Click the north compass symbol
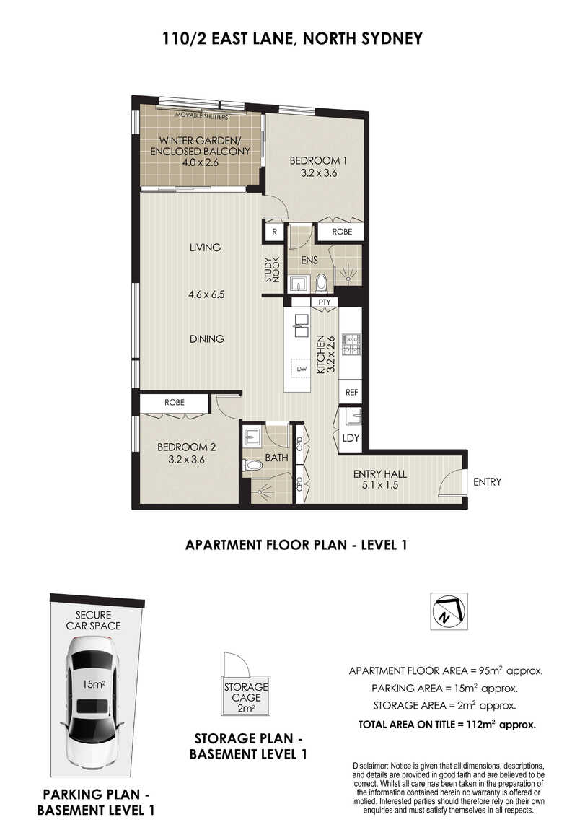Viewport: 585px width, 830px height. tap(449, 611)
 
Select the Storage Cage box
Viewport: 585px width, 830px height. tap(246, 696)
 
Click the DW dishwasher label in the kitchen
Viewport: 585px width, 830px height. tap(302, 368)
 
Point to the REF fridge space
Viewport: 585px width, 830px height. tap(351, 392)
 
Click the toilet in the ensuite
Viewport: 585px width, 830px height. tap(321, 283)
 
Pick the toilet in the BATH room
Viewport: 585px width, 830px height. tap(253, 466)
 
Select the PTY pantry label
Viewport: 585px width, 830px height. tap(324, 302)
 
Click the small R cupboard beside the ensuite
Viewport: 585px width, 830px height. tap(275, 232)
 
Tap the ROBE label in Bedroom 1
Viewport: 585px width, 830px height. tap(342, 232)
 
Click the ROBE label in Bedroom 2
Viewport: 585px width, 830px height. tap(174, 402)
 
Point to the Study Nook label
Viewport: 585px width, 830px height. tap(272, 269)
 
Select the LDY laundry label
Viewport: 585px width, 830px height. tap(351, 438)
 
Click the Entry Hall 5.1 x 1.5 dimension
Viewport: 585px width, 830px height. tap(379, 485)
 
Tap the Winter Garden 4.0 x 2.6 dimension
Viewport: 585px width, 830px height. tap(201, 162)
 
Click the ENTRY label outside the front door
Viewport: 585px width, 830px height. tap(487, 481)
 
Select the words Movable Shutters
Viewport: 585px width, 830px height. tap(201, 116)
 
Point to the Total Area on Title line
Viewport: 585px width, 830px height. tap(447, 725)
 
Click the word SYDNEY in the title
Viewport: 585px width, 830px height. tap(388, 39)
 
